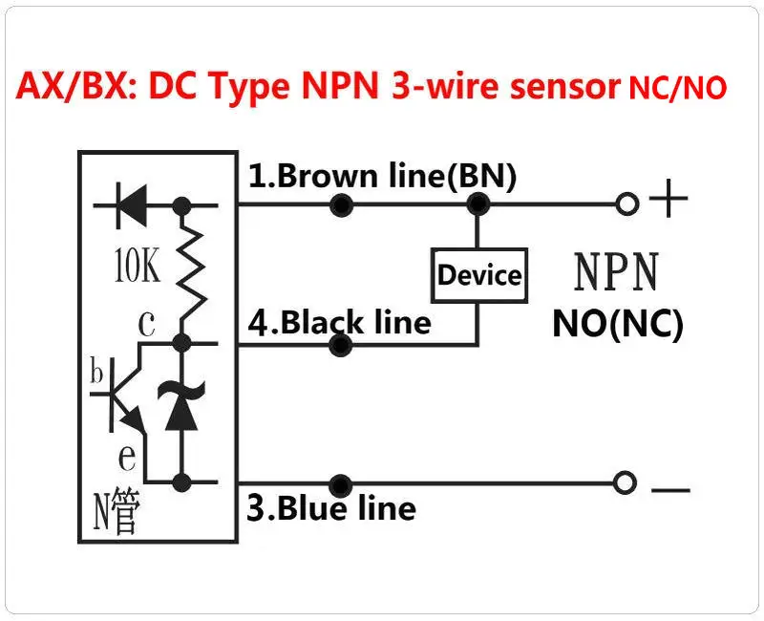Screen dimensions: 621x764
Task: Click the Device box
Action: [478, 275]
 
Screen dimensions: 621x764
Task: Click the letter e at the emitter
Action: [128, 456]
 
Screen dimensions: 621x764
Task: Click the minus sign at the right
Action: [670, 489]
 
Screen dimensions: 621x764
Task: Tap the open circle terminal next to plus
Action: [626, 203]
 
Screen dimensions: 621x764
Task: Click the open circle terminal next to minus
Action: [625, 484]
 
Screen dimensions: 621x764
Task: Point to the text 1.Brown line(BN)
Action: [382, 176]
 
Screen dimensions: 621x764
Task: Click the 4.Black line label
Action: [340, 321]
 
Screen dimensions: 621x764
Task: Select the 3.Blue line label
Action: [331, 507]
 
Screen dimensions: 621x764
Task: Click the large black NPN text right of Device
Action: [616, 272]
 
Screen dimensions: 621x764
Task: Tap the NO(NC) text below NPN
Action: [618, 324]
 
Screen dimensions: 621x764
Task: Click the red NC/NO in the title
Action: [676, 89]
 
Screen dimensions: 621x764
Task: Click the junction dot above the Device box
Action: [477, 203]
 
